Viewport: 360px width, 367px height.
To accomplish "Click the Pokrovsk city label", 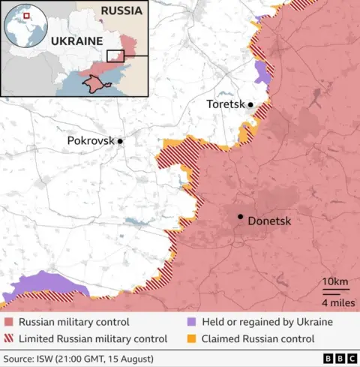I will (x=91, y=140).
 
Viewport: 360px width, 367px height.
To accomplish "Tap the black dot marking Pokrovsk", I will (x=120, y=140).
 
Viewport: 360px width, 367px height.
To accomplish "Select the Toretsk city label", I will (x=226, y=104).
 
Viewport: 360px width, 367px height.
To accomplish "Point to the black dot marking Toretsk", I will (x=250, y=105).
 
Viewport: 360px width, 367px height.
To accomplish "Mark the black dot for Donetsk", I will (x=240, y=217).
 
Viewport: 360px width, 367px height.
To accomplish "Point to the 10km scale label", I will (x=334, y=281).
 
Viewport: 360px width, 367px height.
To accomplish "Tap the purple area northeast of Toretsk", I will (x=262, y=73).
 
